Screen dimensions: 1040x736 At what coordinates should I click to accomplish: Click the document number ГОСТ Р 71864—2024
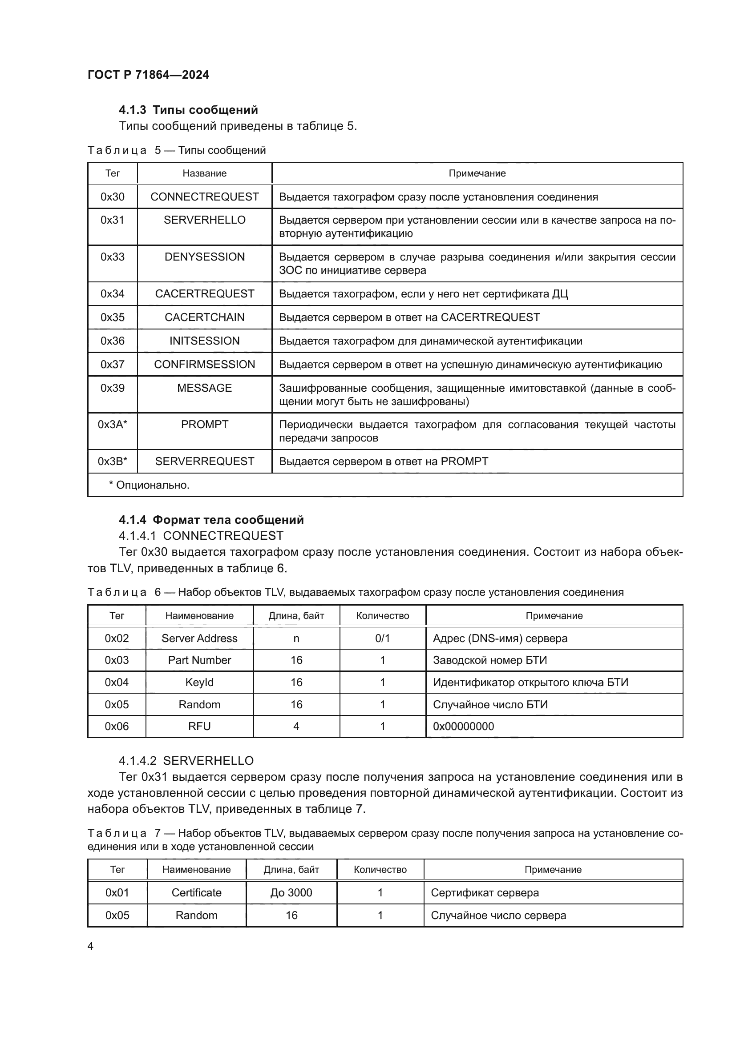click(x=148, y=75)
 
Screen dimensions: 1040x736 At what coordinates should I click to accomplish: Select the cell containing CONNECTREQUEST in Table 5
click(x=204, y=197)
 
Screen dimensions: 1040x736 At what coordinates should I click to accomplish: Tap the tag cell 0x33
click(x=113, y=257)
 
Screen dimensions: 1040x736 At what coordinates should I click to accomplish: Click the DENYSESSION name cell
click(x=204, y=257)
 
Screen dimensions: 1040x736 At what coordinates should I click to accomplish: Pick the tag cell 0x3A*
click(x=113, y=425)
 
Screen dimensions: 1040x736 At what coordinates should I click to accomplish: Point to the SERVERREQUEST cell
click(x=204, y=461)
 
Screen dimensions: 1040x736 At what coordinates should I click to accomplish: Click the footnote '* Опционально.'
click(x=149, y=485)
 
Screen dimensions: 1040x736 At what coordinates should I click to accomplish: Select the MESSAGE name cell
click(x=204, y=388)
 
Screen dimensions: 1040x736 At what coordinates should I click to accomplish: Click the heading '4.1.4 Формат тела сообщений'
click(x=211, y=519)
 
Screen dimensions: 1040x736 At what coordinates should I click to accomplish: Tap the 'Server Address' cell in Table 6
click(x=199, y=638)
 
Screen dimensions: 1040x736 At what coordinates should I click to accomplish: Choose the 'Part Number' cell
click(x=199, y=660)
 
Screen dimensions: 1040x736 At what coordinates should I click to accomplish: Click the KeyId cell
click(x=199, y=682)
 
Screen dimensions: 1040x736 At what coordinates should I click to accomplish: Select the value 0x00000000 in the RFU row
click(x=463, y=726)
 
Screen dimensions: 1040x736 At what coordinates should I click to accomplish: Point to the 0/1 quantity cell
click(x=383, y=638)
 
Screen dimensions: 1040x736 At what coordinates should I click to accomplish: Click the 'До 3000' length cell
click(x=291, y=892)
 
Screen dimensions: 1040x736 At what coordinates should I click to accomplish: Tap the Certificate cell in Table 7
click(x=196, y=892)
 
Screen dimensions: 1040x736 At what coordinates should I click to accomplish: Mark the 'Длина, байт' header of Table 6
click(x=296, y=615)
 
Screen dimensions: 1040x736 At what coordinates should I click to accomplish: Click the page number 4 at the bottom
click(x=91, y=946)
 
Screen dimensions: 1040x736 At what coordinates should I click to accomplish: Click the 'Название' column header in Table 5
click(x=204, y=173)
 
